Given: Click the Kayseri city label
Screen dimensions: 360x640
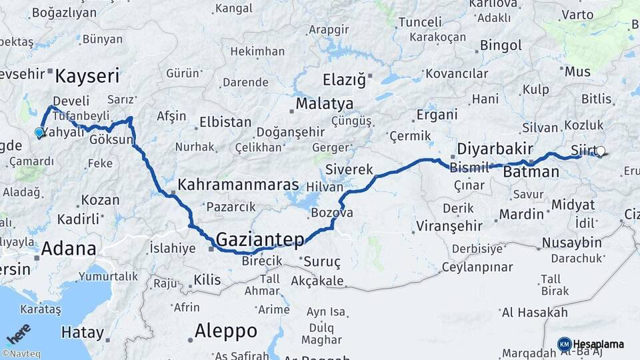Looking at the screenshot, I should tap(87, 75).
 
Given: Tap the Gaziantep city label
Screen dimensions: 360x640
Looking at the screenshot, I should tap(261, 240).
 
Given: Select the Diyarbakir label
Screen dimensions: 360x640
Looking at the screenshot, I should tap(495, 148).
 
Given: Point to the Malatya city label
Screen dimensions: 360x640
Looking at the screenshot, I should tap(324, 104).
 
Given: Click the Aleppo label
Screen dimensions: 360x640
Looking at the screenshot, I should tap(225, 331).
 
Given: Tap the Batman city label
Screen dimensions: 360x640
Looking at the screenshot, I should tap(531, 172).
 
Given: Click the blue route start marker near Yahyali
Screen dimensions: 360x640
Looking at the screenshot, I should tap(39, 133).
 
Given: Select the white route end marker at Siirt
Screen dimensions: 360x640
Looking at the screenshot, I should tap(600, 151).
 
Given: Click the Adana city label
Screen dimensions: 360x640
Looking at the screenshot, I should tap(68, 249).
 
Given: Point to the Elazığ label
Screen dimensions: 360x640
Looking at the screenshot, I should tap(345, 81).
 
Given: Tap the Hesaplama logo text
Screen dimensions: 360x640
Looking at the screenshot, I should tap(599, 344).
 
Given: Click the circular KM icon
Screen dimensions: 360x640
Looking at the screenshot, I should tap(564, 344).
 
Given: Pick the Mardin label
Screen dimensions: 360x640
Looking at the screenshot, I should tap(521, 214).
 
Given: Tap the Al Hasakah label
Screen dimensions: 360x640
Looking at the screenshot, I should tap(535, 312).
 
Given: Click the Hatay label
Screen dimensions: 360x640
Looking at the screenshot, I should tap(83, 332).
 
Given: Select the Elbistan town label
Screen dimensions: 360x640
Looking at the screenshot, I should tap(225, 123).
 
